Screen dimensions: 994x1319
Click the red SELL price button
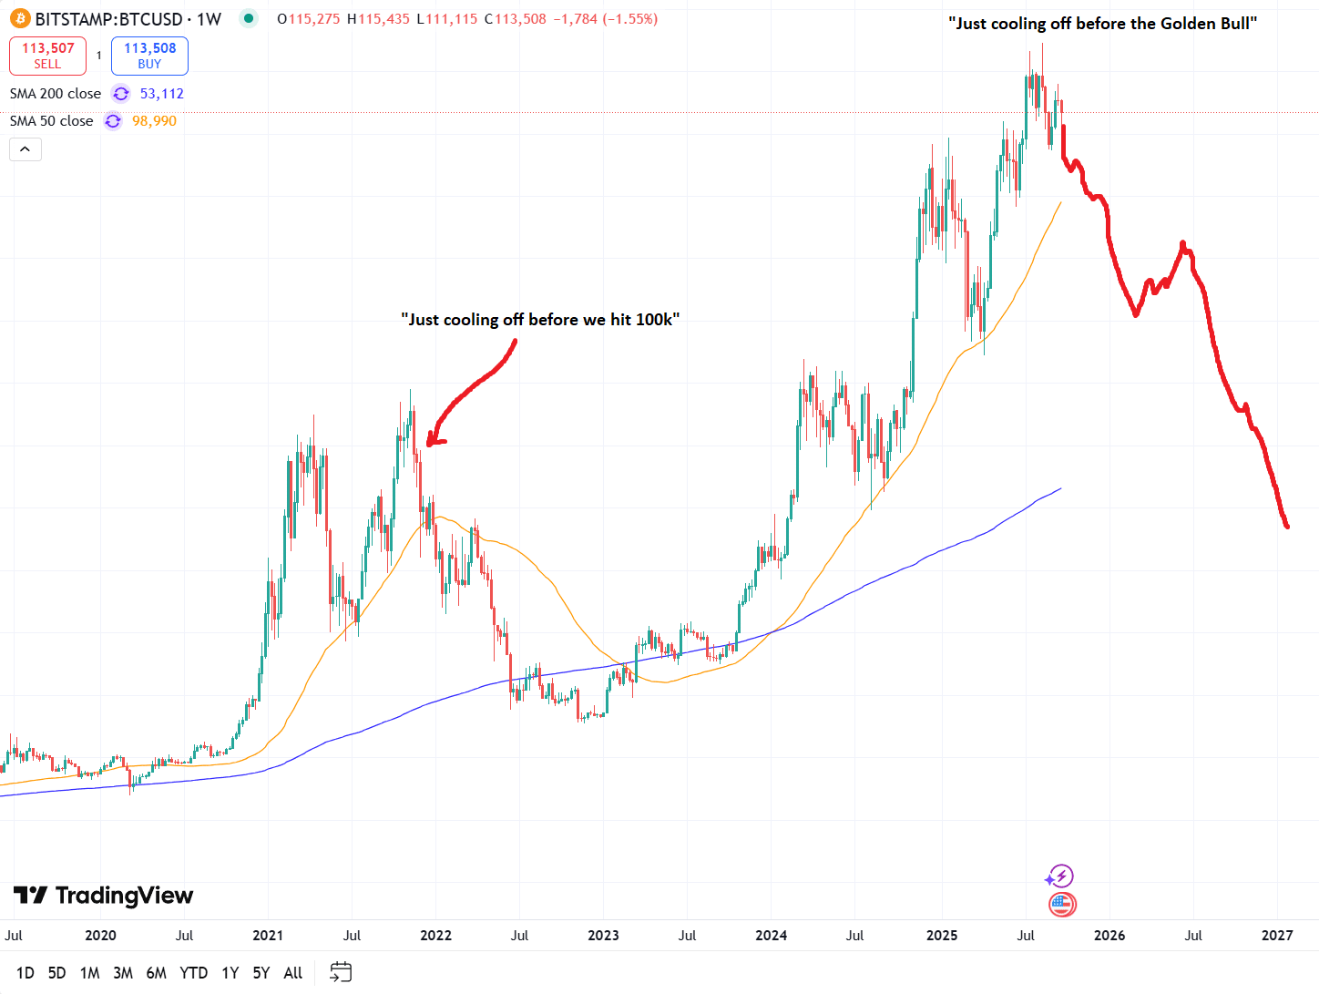pos(47,56)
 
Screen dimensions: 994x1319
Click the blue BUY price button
pos(149,56)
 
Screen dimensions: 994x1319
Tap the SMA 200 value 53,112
pos(162,94)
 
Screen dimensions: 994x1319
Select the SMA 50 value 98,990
pos(154,121)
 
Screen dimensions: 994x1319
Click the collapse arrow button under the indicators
pos(26,149)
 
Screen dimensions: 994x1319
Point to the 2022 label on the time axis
pos(435,936)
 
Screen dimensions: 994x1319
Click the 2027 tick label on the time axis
pos(1277,936)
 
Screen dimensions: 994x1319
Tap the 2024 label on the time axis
pos(771,936)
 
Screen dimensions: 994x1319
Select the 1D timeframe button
pos(26,973)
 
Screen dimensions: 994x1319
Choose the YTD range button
pos(193,973)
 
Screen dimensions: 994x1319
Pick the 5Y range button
pos(261,973)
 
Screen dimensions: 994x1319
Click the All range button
pos(292,973)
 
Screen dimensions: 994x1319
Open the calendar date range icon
pos(340,972)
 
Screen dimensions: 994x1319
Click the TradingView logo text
pos(124,896)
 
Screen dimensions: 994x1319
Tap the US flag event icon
pos(1062,905)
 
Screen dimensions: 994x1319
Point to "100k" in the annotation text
pos(654,320)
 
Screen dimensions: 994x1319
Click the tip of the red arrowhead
pos(428,444)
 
